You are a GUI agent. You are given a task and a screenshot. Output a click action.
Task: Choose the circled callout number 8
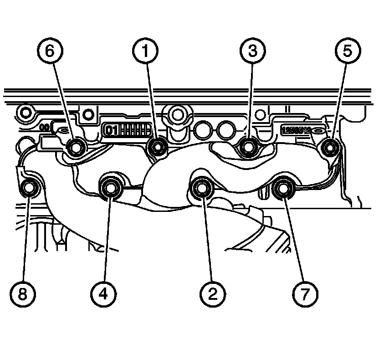23,294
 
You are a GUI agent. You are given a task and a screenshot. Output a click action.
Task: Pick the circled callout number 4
104,294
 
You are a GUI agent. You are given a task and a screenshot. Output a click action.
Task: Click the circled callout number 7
305,294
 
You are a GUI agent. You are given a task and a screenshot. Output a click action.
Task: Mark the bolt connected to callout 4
110,186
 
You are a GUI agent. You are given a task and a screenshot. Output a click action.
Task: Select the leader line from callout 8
26,237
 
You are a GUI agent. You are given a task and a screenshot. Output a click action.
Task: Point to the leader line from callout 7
293,237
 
